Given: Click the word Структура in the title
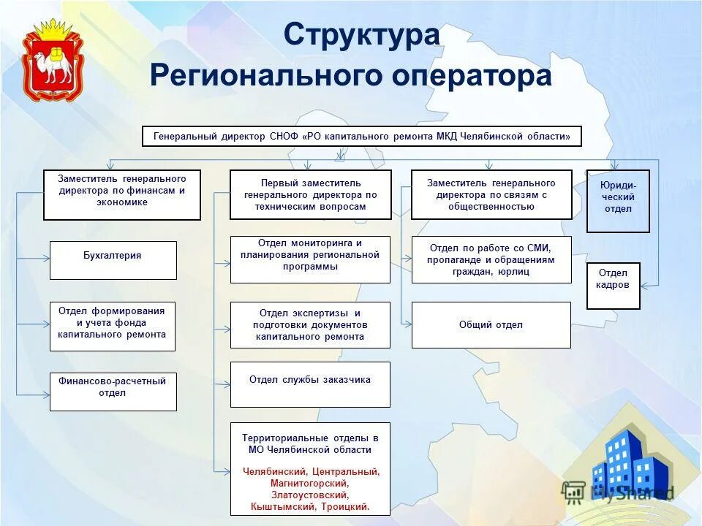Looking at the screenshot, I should (362, 34).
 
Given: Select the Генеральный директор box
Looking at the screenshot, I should (361, 137).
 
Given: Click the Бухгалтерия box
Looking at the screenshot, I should (113, 260).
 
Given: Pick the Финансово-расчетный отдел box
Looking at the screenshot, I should (113, 391).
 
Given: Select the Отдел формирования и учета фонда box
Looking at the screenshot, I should (113, 326).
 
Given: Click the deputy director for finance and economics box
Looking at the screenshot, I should (121, 195).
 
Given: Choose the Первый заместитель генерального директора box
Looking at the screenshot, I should (310, 194).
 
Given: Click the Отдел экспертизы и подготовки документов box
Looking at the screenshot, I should (310, 325).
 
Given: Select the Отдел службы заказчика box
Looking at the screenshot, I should (310, 384).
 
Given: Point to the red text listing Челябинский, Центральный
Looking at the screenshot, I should (310, 489).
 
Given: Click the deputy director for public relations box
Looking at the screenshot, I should (491, 194).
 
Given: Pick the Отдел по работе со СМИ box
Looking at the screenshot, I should (491, 259).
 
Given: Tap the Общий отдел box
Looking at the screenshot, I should (491, 325).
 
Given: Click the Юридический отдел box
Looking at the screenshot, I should (618, 201).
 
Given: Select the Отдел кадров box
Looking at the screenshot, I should (613, 286).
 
